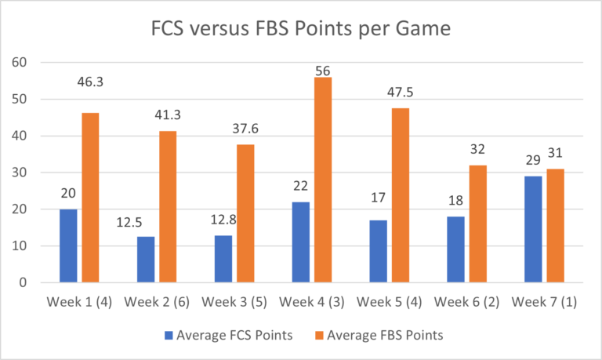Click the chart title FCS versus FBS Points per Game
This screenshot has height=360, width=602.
301,31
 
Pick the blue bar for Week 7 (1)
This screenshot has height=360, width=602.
533,229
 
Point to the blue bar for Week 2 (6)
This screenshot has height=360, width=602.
146,259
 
